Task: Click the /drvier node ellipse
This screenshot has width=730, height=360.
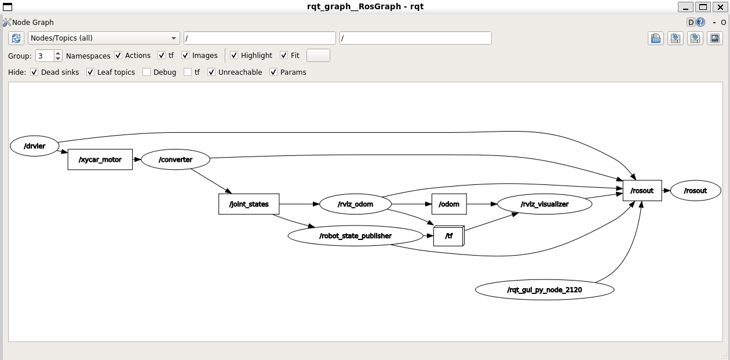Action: (35, 146)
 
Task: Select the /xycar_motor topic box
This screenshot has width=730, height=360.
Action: (100, 159)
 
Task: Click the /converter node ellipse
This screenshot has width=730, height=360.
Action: (176, 159)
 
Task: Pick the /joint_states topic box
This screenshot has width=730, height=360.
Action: (249, 204)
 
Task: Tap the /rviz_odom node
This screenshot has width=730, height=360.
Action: (355, 204)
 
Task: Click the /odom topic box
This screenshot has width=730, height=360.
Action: (449, 204)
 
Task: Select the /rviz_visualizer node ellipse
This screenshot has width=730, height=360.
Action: (545, 204)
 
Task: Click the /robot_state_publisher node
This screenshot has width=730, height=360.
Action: (355, 236)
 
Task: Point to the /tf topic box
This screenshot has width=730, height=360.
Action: (448, 237)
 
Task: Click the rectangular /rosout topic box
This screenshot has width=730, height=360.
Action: (642, 191)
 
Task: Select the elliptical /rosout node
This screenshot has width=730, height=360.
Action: (696, 191)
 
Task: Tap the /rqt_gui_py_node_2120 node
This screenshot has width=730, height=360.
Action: (545, 289)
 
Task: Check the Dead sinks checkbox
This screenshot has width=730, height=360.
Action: (34, 72)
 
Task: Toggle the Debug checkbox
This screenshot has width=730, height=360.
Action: (147, 72)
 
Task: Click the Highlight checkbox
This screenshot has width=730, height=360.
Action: (234, 56)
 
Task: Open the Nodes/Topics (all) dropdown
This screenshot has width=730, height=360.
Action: (104, 38)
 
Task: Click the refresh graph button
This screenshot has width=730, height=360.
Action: (16, 38)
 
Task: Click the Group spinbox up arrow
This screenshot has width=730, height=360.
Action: (58, 53)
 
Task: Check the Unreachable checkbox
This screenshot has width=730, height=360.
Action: (211, 72)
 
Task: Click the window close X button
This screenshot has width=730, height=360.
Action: (719, 7)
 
